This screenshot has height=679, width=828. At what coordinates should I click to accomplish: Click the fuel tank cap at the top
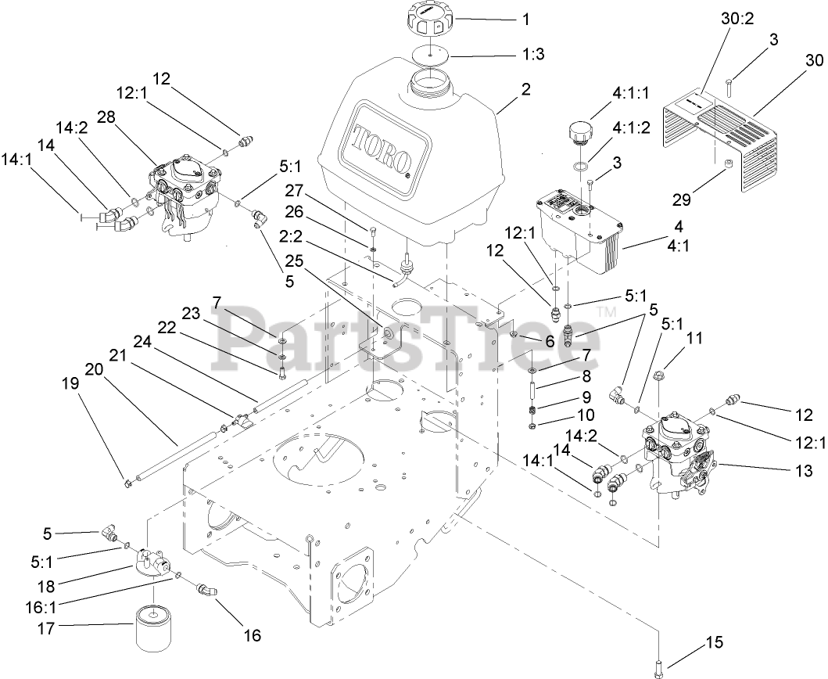[425, 17]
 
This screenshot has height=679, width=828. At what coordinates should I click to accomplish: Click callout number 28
[106, 117]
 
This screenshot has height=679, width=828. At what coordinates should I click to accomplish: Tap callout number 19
[71, 385]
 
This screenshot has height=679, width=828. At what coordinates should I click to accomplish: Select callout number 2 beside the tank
[525, 89]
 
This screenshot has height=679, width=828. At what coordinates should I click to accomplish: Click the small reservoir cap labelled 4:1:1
[580, 131]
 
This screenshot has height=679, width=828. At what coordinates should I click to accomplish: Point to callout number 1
[525, 18]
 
